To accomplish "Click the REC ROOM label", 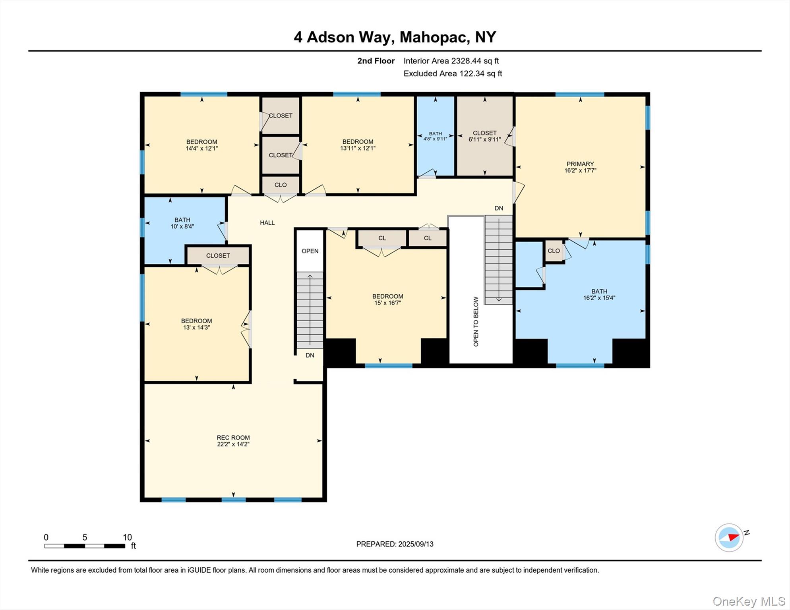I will [x=233, y=438].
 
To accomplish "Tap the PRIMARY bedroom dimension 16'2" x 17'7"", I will [x=580, y=171].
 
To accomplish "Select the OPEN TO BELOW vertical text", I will [x=476, y=321].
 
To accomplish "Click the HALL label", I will [x=267, y=223].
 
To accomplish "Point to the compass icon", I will [x=729, y=537].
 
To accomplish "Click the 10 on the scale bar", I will [x=127, y=537].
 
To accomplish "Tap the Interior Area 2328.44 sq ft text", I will [x=451, y=61].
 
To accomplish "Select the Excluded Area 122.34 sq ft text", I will [x=453, y=73].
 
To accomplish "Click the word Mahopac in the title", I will [x=433, y=37].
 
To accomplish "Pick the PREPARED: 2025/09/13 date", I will [x=395, y=544].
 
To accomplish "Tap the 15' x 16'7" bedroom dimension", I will [x=387, y=303].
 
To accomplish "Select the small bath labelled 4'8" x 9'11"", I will [x=435, y=136].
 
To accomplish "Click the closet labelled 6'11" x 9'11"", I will [x=484, y=136].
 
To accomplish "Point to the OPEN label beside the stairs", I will [x=310, y=251].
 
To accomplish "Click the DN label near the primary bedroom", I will [x=499, y=208].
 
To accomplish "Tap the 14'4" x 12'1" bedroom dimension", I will [x=201, y=149].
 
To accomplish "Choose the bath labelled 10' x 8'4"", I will [x=182, y=223].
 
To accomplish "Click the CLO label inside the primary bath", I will [x=554, y=251].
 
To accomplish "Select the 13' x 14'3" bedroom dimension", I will [x=196, y=328].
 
